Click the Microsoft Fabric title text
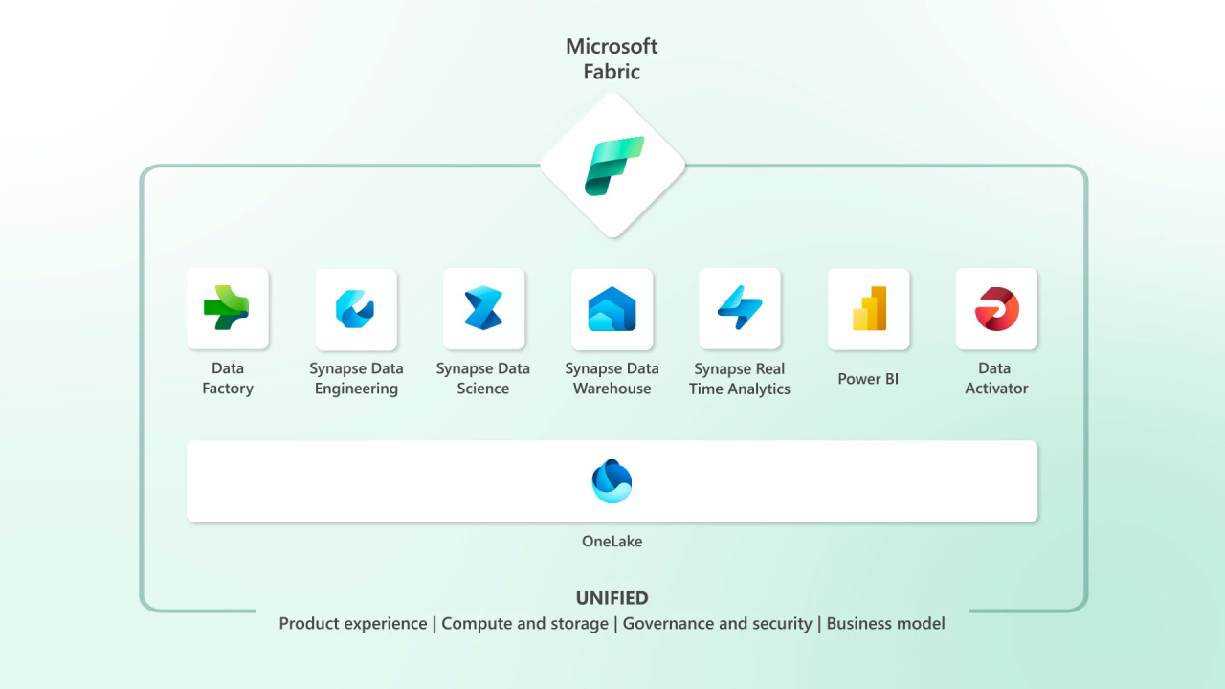coord(612,58)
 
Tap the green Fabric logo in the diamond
coord(613,166)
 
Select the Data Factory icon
coord(227,308)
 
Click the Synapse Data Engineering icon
coord(356,308)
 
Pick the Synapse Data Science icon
coord(483,308)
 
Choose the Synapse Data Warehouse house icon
coord(612,308)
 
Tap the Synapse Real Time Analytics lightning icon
coord(740,308)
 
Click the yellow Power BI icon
coord(868,308)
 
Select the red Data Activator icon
coord(996,308)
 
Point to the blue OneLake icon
coord(612,480)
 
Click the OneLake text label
coord(612,542)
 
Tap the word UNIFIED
coord(612,598)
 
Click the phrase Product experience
coord(352,624)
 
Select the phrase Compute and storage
coord(524,624)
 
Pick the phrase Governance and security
coord(717,624)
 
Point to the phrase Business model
coord(885,624)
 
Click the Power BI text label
coord(868,379)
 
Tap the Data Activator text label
coord(996,378)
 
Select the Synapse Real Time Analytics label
coord(740,379)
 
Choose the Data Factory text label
coord(227,378)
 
